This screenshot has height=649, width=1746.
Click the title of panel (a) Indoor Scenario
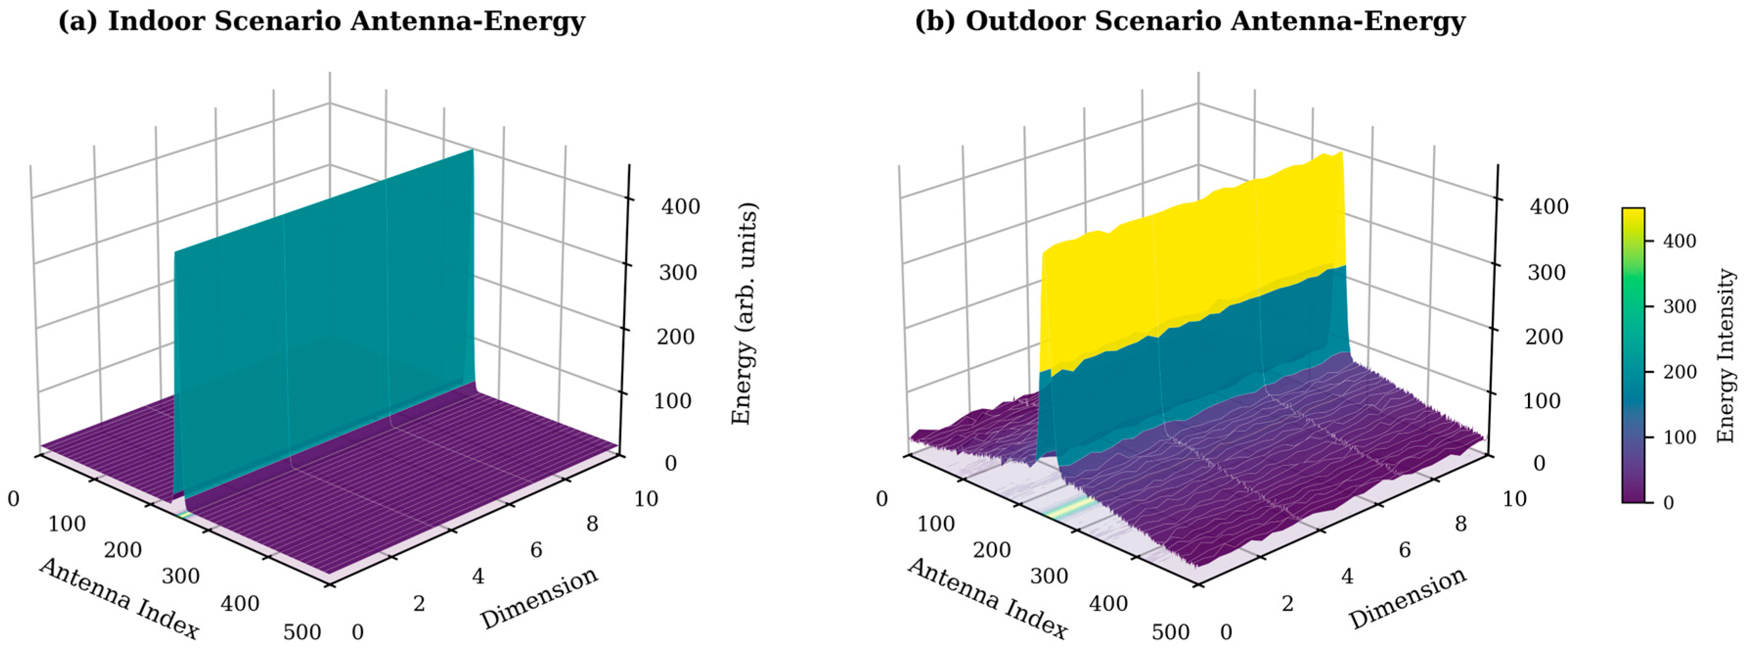[x=321, y=21]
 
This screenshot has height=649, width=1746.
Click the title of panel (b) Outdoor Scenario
[x=1190, y=21]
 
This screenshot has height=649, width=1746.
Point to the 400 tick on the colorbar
[x=1679, y=241]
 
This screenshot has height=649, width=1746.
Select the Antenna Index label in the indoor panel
[x=119, y=599]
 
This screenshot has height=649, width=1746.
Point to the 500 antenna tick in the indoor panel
[x=302, y=632]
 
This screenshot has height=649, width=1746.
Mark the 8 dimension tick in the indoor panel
[x=593, y=524]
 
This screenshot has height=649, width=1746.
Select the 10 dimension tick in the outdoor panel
[x=1514, y=499]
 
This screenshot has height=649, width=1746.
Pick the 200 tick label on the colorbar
[x=1679, y=372]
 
